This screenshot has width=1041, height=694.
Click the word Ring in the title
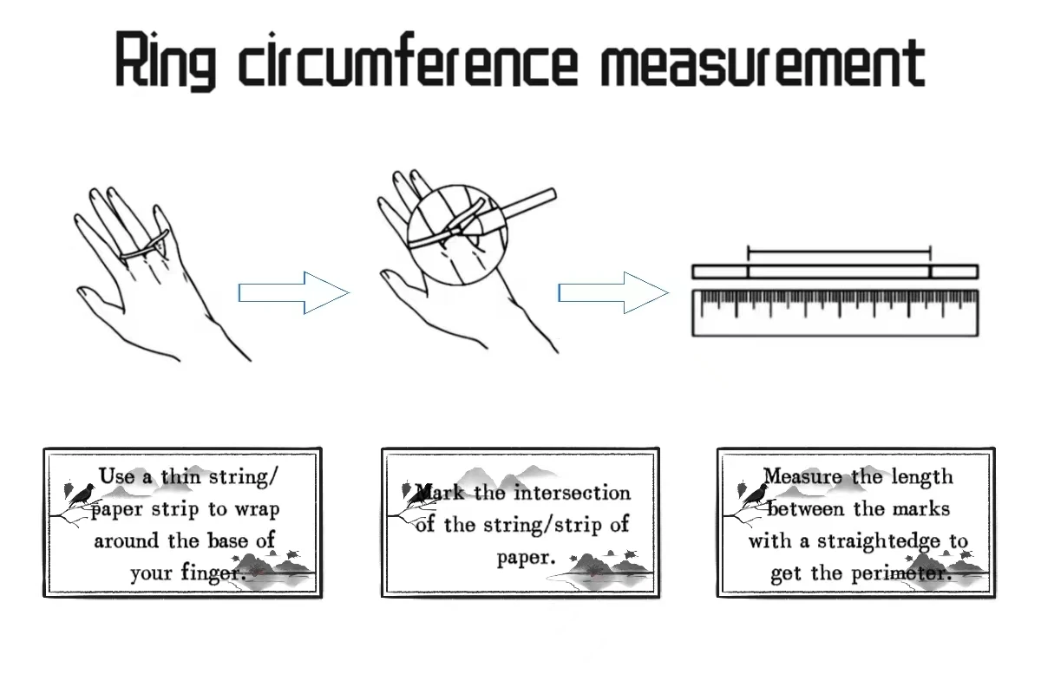pyautogui.click(x=165, y=62)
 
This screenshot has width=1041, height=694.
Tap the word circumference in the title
pyautogui.click(x=408, y=62)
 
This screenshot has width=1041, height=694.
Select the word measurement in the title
pyautogui.click(x=763, y=62)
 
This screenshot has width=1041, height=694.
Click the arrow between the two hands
pyautogui.click(x=293, y=292)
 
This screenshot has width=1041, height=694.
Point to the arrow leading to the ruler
pyautogui.click(x=612, y=292)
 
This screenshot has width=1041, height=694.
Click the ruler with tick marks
pyautogui.click(x=835, y=312)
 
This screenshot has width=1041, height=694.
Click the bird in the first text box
pyautogui.click(x=82, y=495)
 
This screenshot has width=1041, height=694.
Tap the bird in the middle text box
pyautogui.click(x=419, y=495)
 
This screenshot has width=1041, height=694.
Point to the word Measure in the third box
pyautogui.click(x=802, y=476)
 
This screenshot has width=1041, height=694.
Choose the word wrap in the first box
pyautogui.click(x=256, y=508)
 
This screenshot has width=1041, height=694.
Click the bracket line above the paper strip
pyautogui.click(x=839, y=253)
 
